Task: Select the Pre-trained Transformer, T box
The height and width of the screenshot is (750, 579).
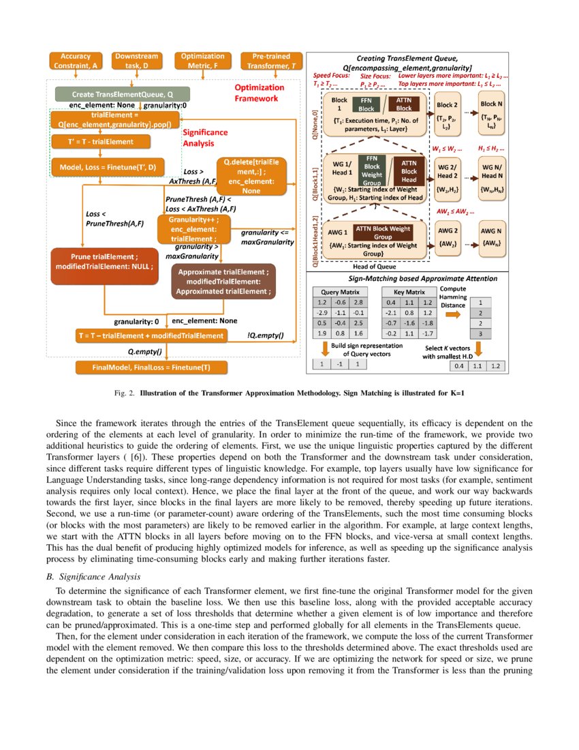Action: tap(271, 61)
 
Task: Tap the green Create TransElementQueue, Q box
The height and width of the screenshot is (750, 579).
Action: tap(123, 93)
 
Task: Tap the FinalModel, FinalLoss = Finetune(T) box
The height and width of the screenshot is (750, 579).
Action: tap(151, 367)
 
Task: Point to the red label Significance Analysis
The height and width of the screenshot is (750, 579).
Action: tap(205, 138)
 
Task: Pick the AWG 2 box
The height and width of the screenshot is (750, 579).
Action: tap(447, 235)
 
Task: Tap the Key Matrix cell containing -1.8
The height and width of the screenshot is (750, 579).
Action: tap(427, 323)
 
